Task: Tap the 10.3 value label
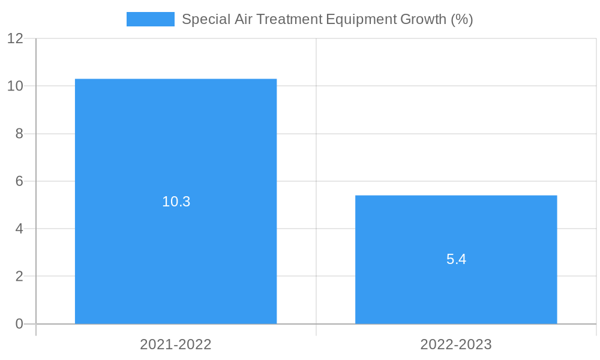point(176,202)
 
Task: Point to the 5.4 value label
point(456,259)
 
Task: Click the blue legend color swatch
point(150,19)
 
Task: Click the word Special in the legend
point(202,19)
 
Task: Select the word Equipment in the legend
point(361,19)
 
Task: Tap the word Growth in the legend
point(424,19)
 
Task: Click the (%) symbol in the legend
point(462,19)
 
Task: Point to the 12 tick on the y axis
point(15,38)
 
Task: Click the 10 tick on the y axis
point(15,86)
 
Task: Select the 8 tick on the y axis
point(19,134)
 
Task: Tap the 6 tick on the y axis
point(19,181)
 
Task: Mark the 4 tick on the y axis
point(19,229)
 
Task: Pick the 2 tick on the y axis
point(19,277)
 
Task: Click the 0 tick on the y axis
point(19,324)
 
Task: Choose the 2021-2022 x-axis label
point(176,344)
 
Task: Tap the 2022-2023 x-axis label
point(456,344)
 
